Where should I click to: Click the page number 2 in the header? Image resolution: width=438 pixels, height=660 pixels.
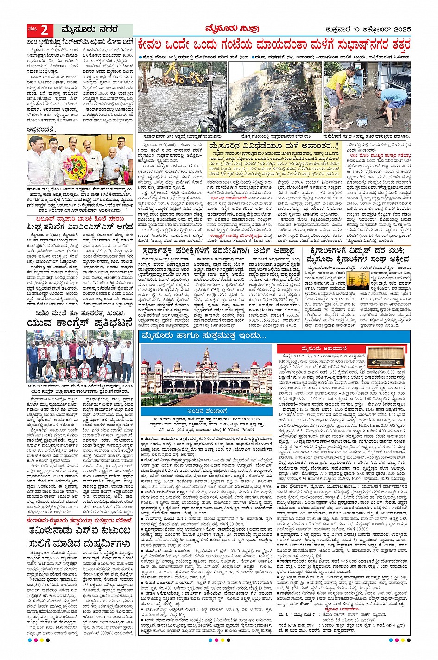[x=44, y=30]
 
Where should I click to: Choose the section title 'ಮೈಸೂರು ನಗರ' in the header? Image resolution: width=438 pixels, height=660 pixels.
[x=86, y=30]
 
